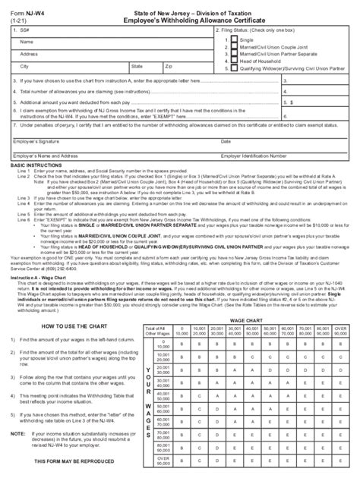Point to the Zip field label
[x=169, y=67]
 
